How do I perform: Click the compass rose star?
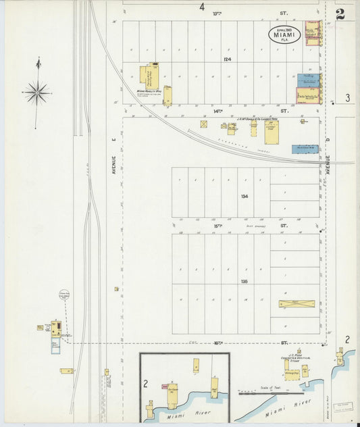coord(37,92)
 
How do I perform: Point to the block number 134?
coord(244,197)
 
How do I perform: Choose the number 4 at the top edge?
coord(201,7)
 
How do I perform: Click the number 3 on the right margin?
coord(347,98)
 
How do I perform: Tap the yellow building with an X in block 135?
coord(297,304)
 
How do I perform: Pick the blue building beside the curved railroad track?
coord(305,149)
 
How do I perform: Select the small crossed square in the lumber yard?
coord(203,124)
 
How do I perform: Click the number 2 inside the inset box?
coord(145,383)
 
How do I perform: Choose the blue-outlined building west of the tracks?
coord(55,345)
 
